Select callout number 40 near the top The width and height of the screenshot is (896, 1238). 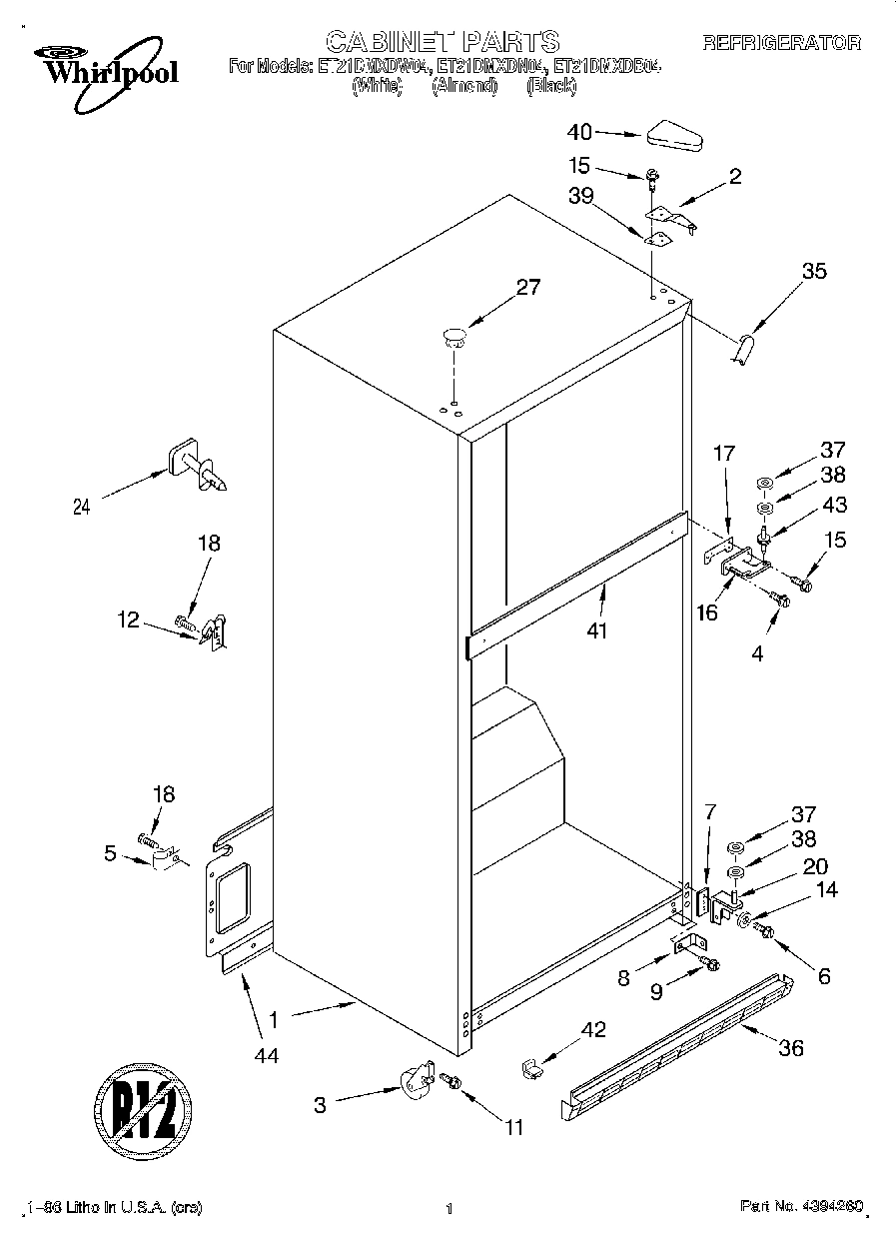[x=580, y=132]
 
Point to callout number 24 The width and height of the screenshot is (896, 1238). [x=83, y=507]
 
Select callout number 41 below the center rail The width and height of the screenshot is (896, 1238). [x=597, y=630]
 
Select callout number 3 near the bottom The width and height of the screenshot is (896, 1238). [x=320, y=1104]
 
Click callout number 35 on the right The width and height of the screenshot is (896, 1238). [x=814, y=271]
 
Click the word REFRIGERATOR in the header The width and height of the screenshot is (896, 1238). [x=781, y=43]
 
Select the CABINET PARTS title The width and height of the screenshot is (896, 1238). [x=444, y=41]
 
